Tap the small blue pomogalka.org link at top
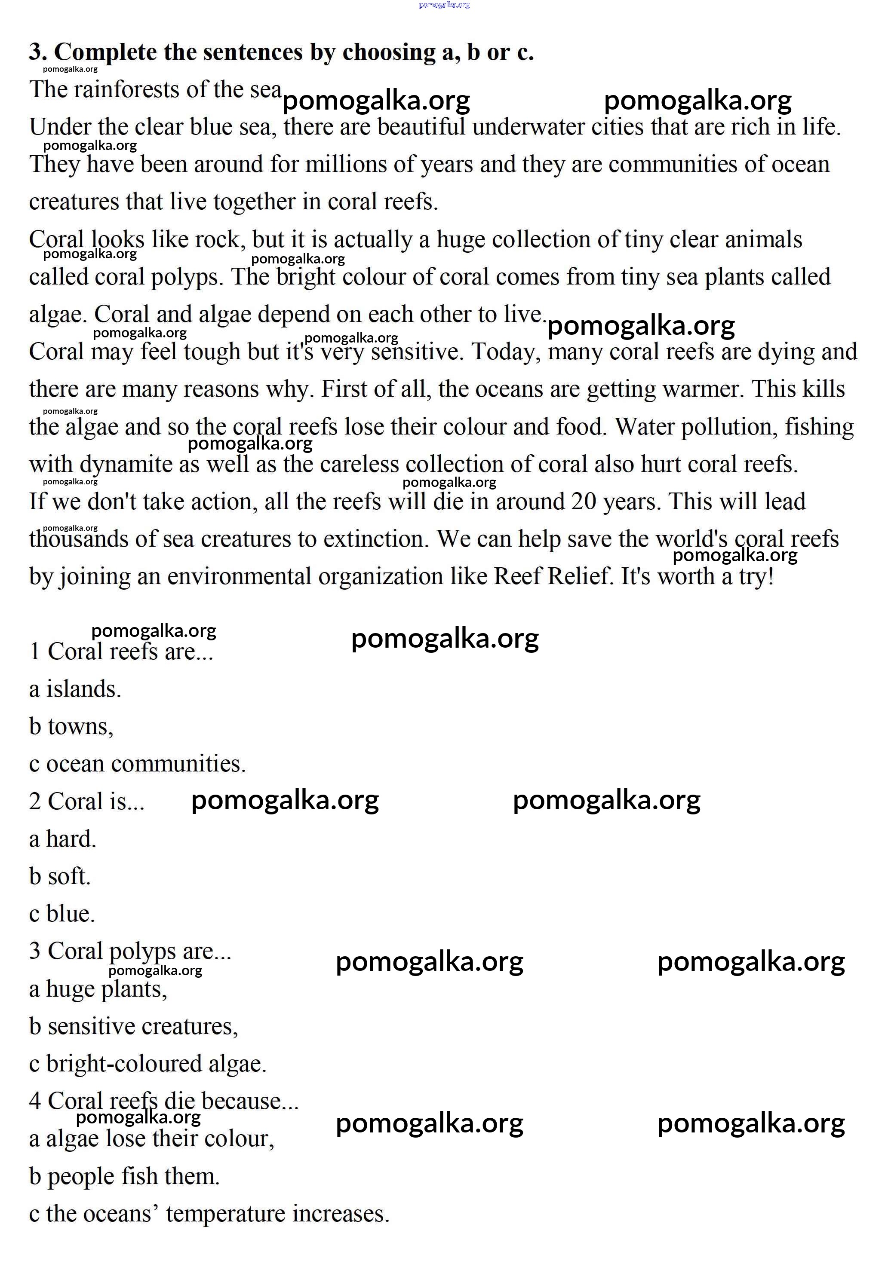click(444, 5)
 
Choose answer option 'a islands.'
click(75, 689)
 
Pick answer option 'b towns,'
click(71, 727)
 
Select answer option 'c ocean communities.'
click(137, 764)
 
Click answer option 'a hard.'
click(63, 839)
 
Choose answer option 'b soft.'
click(60, 876)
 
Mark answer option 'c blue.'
click(62, 914)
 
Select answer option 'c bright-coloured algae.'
click(148, 1064)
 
